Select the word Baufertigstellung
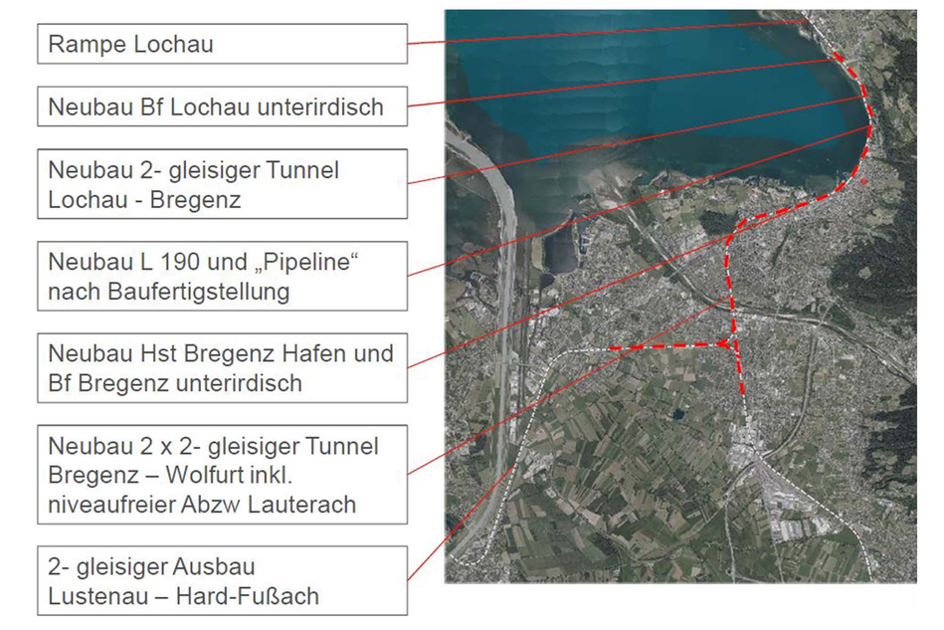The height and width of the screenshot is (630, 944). pyautogui.click(x=193, y=292)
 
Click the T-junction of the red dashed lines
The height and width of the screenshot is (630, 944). pyautogui.click(x=734, y=347)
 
